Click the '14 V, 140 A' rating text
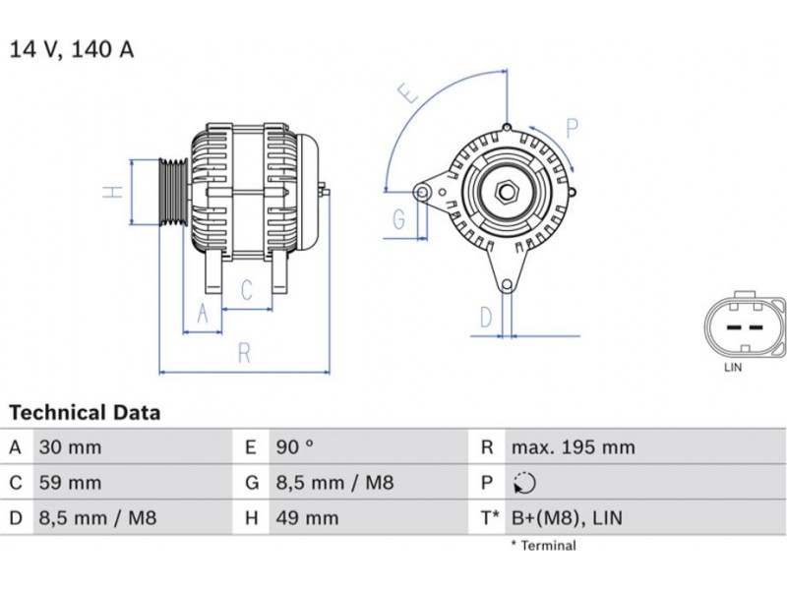(71, 49)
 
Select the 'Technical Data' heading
(85, 413)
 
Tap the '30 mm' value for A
(69, 447)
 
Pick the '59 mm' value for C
(69, 483)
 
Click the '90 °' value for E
(294, 447)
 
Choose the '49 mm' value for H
(307, 518)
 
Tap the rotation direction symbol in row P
(525, 483)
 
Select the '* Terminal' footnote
(543, 546)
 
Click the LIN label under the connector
(733, 368)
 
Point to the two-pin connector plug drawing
(745, 325)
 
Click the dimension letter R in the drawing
(244, 354)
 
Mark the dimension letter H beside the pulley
(115, 192)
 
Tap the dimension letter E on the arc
(407, 95)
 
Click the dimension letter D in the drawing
(485, 317)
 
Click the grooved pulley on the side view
(173, 192)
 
